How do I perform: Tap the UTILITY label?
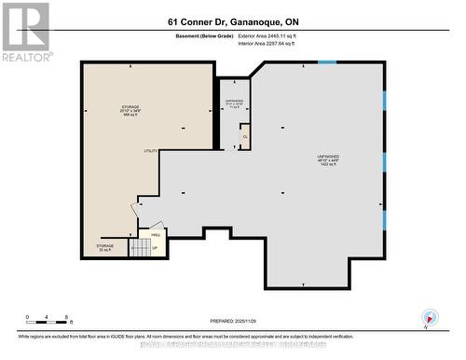click(150, 151)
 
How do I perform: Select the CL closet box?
click(246, 137)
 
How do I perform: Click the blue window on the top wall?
click(327, 62)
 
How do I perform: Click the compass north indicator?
click(428, 317)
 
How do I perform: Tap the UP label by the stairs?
click(154, 248)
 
